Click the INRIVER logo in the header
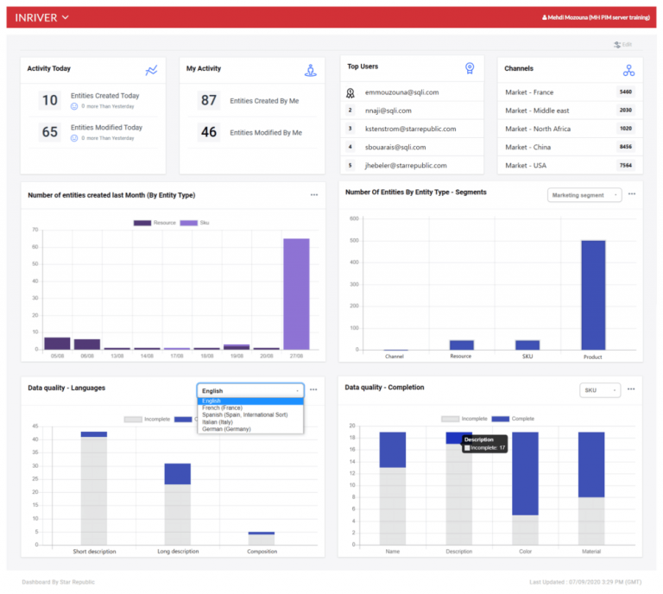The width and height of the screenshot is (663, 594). (36, 17)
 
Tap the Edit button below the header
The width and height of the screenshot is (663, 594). (623, 44)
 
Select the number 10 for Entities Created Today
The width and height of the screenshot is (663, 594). (50, 100)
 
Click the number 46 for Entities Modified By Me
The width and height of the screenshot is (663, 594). (209, 132)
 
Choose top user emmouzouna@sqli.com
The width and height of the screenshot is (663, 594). (401, 92)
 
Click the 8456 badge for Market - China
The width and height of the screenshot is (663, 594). (626, 147)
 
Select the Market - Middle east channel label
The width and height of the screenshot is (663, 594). (537, 111)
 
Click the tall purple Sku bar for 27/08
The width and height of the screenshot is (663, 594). (296, 294)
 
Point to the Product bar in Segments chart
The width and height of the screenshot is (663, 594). (592, 294)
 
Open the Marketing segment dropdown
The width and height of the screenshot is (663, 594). (584, 195)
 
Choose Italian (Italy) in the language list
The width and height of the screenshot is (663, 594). (222, 421)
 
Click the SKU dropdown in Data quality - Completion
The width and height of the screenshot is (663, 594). (599, 390)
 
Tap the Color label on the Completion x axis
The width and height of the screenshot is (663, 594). (525, 551)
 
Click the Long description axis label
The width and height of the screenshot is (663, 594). (177, 551)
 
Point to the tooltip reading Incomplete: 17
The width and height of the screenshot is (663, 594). (485, 447)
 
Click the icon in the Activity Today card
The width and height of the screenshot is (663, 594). (152, 70)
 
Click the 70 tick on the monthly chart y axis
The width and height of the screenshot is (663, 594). (35, 230)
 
